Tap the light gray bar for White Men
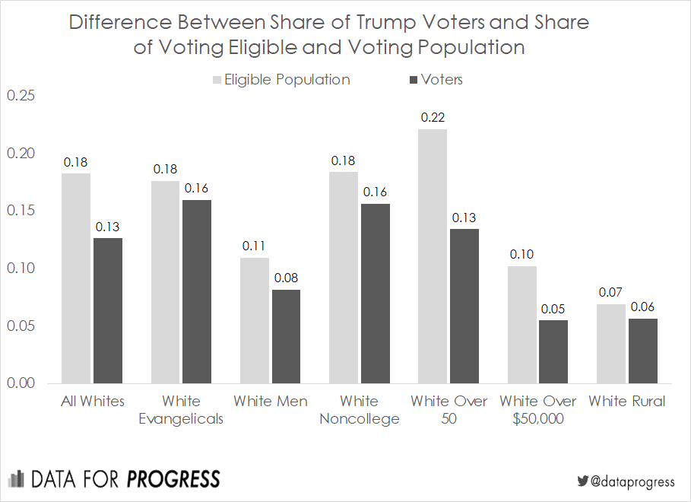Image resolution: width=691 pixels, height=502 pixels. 255,320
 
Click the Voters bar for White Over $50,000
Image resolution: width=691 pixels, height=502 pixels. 553,351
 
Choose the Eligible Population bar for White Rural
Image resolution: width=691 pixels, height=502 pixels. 610,343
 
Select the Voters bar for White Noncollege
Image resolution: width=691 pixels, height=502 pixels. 375,293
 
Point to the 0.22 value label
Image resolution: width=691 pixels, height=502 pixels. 433,118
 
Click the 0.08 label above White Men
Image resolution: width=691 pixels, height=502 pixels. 286,278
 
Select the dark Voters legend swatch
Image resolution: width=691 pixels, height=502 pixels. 414,80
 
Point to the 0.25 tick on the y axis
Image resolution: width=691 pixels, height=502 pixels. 21,96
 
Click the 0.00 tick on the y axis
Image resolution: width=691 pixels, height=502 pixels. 21,383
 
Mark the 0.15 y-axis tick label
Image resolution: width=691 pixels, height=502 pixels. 21,211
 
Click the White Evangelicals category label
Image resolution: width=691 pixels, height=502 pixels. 181,410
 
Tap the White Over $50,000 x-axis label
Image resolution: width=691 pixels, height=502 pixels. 537,410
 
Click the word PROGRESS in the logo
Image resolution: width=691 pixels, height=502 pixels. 173,479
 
